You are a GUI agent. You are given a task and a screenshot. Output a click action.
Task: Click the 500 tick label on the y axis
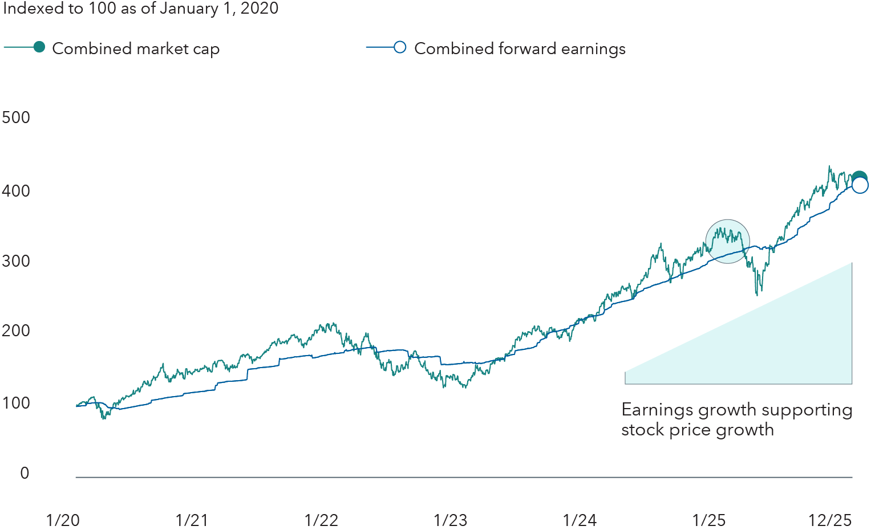click(x=16, y=117)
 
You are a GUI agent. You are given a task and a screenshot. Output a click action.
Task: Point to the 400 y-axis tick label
click(x=16, y=190)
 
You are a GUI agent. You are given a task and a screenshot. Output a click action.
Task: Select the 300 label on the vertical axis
click(x=16, y=261)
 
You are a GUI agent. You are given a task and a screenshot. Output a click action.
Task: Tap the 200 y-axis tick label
click(x=16, y=331)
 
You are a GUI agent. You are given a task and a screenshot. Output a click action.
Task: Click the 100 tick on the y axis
click(x=16, y=403)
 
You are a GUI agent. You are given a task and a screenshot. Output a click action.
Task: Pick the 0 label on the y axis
click(x=25, y=473)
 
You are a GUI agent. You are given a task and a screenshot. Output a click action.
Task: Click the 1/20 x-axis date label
click(x=63, y=520)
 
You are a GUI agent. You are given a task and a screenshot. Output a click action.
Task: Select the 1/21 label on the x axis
click(x=192, y=520)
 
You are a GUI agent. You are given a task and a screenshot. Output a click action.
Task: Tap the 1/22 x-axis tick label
click(x=321, y=520)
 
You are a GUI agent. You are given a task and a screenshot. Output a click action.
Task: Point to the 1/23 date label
click(x=450, y=520)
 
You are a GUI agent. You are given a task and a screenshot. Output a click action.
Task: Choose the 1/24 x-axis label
click(x=580, y=520)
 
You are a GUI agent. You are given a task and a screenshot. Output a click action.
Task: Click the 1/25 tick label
click(x=709, y=520)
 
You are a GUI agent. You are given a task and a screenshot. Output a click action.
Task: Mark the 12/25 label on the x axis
click(x=830, y=520)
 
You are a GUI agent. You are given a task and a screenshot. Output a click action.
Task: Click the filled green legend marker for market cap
click(x=39, y=47)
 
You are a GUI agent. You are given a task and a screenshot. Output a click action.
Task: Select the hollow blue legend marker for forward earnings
click(x=400, y=47)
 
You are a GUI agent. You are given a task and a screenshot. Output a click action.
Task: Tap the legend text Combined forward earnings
click(x=520, y=49)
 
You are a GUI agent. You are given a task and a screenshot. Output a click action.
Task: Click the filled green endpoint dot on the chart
click(x=859, y=178)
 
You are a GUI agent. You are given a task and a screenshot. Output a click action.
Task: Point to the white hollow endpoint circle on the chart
click(x=860, y=186)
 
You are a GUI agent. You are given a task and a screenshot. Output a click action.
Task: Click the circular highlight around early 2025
click(x=727, y=241)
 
